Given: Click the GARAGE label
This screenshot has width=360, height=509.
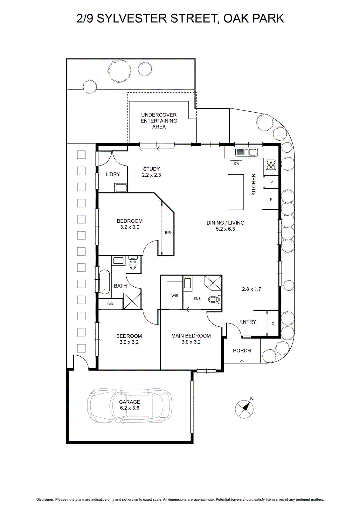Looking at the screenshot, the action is tap(129, 402).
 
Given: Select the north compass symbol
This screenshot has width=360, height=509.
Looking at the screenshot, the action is tap(244, 408).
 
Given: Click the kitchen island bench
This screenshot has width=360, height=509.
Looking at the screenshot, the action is tap(236, 192).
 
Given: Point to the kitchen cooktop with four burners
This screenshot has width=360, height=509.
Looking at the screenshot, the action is tap(271, 164).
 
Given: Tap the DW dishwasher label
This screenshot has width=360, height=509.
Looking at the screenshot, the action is tap(236, 164).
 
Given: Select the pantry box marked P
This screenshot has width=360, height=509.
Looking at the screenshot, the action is tap(271, 182).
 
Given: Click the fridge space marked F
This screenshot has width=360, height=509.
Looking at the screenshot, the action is tap(271, 199).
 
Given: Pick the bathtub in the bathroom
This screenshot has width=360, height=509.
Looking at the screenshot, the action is tap(105, 282).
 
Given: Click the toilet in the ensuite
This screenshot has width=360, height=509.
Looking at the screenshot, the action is tap(215, 299).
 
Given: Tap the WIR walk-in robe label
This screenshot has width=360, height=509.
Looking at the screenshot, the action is tap(175, 296).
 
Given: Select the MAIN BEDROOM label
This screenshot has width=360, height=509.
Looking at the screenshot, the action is tap(191, 336).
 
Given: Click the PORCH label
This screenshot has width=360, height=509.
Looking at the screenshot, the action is tap(242, 350).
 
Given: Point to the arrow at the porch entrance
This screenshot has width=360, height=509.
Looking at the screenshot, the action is tap(242, 363).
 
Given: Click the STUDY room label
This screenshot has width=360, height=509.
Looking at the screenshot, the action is tap(151, 169).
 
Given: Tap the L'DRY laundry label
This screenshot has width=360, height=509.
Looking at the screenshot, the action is tap(113, 174).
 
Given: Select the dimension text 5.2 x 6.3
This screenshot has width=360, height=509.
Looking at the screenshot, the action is tap(225, 229).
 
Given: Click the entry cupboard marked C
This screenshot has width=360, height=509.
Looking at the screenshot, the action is tap(273, 323).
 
